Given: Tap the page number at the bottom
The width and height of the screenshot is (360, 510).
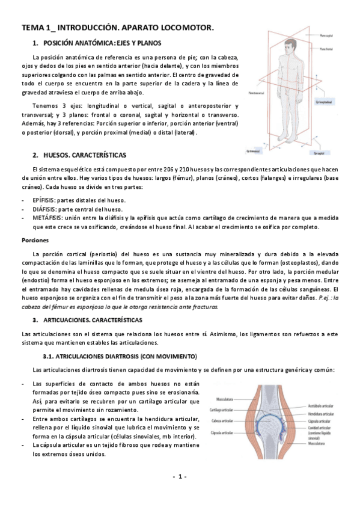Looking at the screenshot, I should point(180,476).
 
